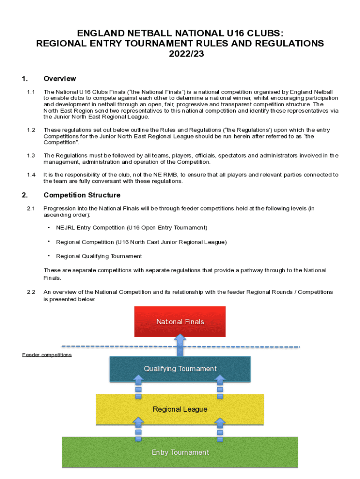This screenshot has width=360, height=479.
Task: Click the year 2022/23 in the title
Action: point(180,54)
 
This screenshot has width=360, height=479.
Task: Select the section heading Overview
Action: point(59,79)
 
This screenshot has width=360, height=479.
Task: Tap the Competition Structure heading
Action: point(82,195)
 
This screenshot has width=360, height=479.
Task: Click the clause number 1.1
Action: point(31,92)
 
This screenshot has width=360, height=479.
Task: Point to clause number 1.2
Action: point(31,130)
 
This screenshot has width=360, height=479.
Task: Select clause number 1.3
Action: point(31,155)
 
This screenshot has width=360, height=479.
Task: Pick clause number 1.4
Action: point(31,174)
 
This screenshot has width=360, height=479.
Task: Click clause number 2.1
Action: point(31,208)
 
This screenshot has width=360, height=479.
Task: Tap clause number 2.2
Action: point(31,292)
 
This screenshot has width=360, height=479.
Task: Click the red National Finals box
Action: point(180,321)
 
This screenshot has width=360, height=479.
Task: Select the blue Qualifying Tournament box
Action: point(180,369)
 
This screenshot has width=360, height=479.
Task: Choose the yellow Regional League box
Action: point(180,409)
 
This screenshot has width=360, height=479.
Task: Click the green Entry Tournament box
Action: point(180,452)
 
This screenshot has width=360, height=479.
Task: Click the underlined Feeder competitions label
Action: point(47,355)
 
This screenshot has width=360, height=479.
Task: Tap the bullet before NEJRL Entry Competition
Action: point(49,228)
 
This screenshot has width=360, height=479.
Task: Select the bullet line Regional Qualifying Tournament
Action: point(99,256)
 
